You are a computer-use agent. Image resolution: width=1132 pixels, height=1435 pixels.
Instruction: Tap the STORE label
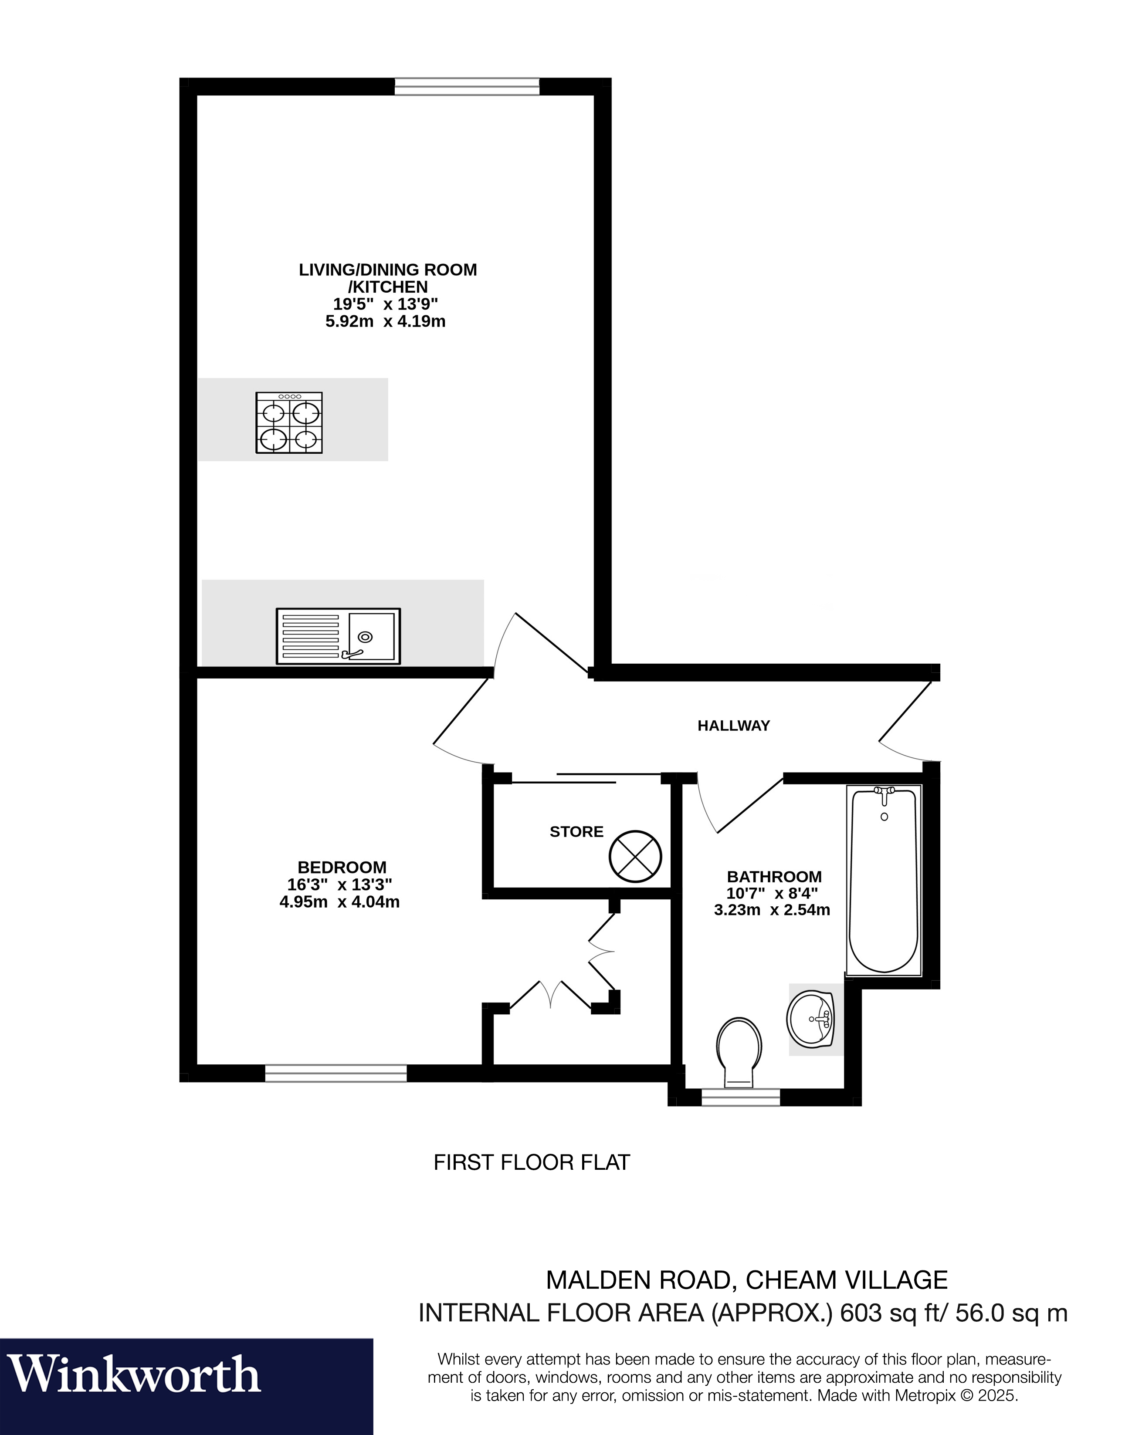tap(576, 832)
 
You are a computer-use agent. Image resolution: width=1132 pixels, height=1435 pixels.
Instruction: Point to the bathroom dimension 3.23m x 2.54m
tap(772, 910)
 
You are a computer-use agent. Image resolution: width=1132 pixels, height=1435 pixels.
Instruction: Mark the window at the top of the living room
tap(467, 86)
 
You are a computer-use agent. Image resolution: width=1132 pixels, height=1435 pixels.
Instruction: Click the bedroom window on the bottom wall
tap(336, 1073)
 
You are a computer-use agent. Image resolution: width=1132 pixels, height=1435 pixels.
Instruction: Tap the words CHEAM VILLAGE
tap(846, 1280)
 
